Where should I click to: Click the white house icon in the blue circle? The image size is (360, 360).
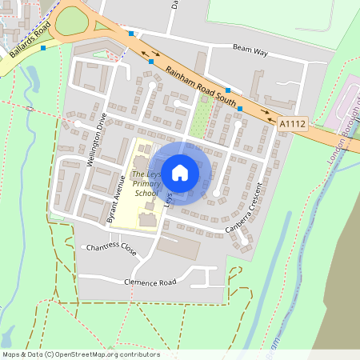180,171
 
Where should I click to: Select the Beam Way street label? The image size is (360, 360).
250,49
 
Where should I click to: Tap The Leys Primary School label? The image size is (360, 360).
146,183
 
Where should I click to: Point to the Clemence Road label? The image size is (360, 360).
150,282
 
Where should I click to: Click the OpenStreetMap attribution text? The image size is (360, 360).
81,354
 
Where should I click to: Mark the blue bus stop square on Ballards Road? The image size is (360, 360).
42,48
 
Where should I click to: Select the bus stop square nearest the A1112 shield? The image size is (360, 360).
240,108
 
